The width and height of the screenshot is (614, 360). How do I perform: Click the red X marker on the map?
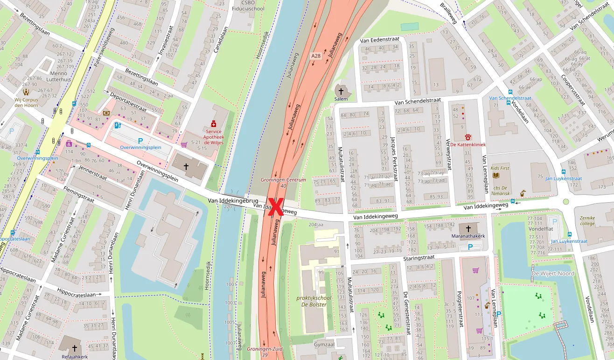[275, 207]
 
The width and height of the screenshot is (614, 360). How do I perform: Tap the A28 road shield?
[316, 56]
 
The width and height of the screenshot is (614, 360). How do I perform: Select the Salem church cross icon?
[341, 92]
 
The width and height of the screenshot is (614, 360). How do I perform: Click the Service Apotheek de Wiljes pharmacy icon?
[214, 124]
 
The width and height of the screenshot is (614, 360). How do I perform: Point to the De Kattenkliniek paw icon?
[468, 137]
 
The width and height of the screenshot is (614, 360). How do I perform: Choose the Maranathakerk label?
[468, 236]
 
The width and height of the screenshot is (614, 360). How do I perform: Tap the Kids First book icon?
[496, 175]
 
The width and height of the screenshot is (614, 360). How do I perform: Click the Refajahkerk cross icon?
[74, 348]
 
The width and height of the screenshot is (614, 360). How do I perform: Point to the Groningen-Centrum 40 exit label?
[283, 183]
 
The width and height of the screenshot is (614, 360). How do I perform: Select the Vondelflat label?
[541, 229]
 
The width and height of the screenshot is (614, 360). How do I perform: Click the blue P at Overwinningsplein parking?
[140, 141]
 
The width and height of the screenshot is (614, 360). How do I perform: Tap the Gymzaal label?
[324, 344]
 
